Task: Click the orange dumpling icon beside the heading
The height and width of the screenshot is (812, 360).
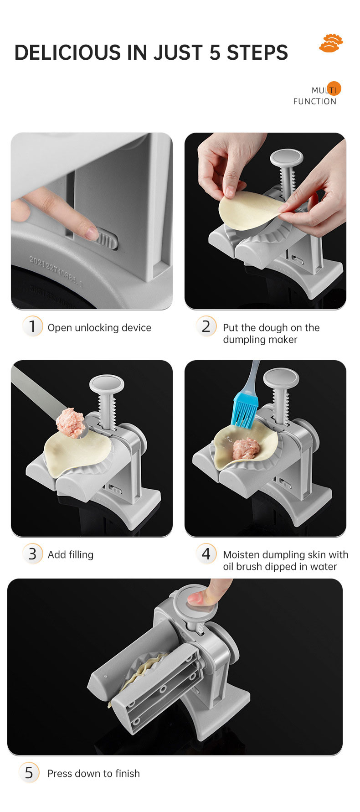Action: tap(331, 43)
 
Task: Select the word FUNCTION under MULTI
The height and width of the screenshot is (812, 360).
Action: tap(315, 101)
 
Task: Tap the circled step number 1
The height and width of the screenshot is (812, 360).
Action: tap(32, 326)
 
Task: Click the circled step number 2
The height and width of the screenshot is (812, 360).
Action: tap(206, 326)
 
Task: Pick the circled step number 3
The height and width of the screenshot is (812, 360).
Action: tap(32, 553)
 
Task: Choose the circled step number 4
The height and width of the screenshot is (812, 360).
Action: tap(206, 553)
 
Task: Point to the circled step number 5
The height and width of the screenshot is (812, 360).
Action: tap(29, 772)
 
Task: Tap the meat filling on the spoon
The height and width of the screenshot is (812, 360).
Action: tap(71, 422)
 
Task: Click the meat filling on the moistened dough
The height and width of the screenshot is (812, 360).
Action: tap(246, 448)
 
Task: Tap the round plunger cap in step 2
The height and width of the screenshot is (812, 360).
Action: tap(287, 157)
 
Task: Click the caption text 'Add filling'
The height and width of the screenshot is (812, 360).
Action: tap(71, 554)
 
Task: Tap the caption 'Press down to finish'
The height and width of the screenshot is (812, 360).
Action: tap(93, 773)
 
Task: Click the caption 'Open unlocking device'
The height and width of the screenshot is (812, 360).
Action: tap(99, 327)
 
